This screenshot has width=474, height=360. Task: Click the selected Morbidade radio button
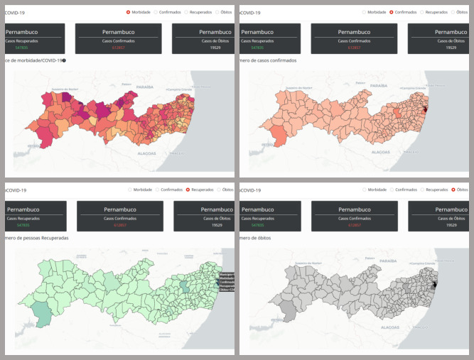[128, 12]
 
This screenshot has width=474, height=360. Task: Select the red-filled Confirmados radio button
[392, 12]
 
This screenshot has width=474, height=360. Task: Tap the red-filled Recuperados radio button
[188, 190]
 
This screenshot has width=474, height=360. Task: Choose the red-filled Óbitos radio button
[453, 190]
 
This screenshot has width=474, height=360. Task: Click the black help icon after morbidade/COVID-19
[64, 60]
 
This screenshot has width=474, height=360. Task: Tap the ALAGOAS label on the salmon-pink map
[381, 152]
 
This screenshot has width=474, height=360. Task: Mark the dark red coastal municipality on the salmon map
[426, 109]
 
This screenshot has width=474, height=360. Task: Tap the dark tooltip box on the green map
[227, 282]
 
